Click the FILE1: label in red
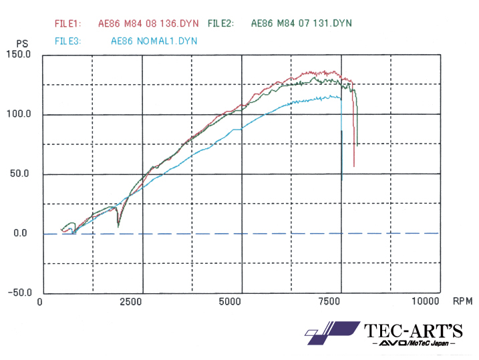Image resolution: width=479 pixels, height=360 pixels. (x=67, y=23)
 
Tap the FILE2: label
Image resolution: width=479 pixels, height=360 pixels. (x=220, y=23)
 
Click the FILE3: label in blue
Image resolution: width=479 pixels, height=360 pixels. (x=67, y=41)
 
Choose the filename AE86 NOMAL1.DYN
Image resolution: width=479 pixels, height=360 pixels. (x=154, y=41)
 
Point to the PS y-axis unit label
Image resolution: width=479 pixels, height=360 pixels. (x=22, y=44)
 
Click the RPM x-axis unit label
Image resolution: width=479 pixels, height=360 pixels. (x=462, y=301)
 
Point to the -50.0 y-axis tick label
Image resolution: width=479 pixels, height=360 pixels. (x=19, y=293)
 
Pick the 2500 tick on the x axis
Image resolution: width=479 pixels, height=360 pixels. (x=131, y=302)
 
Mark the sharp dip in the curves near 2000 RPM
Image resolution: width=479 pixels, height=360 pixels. (x=118, y=223)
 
